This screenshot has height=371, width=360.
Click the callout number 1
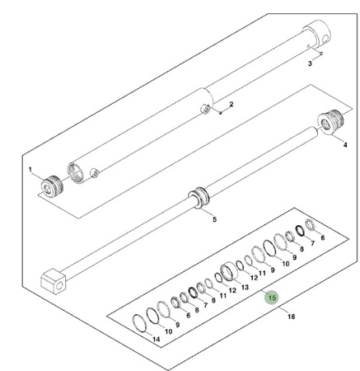click(x=30, y=169)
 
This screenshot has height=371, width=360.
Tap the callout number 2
click(x=231, y=104)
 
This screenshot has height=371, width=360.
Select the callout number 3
click(x=310, y=63)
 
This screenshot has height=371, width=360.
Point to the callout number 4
click(x=345, y=144)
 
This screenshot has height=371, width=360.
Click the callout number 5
click(x=214, y=219)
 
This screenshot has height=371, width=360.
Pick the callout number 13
click(x=245, y=287)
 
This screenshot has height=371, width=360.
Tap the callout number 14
click(x=156, y=340)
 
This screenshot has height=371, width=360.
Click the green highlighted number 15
click(x=272, y=298)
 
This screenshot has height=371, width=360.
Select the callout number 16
click(x=291, y=317)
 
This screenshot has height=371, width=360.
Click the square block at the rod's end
click(x=54, y=282)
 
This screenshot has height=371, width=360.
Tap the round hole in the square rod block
click(x=59, y=286)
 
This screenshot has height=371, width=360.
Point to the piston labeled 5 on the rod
click(x=199, y=198)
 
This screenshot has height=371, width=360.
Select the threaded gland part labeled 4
click(x=330, y=122)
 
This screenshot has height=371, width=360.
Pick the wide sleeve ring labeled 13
click(x=229, y=271)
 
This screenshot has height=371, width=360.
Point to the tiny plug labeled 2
click(x=220, y=112)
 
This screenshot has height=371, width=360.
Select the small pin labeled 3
click(x=315, y=49)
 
